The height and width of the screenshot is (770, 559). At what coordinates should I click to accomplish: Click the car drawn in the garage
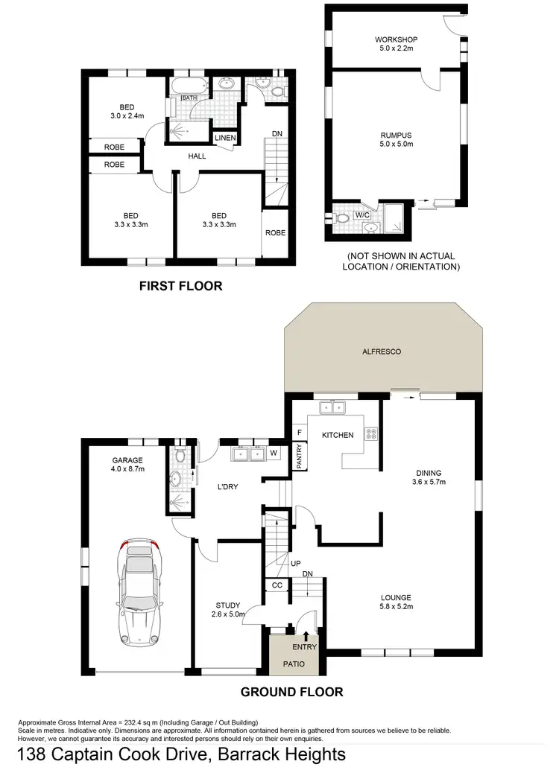(139, 593)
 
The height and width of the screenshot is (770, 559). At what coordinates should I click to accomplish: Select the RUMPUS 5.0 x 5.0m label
(396, 140)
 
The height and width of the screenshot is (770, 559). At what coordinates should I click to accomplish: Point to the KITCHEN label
(337, 435)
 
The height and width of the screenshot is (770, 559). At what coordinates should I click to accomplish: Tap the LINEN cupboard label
(224, 139)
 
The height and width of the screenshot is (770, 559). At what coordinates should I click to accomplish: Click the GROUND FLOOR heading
(291, 692)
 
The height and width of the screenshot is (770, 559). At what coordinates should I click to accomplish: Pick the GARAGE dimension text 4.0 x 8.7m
(127, 470)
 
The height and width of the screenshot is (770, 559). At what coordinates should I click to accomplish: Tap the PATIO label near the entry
(291, 662)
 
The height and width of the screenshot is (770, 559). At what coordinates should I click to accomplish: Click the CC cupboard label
(277, 585)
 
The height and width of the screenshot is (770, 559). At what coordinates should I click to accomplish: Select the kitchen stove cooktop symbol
(370, 433)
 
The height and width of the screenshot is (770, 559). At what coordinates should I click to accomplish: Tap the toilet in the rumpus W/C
(343, 220)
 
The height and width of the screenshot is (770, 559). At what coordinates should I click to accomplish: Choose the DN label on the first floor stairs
(277, 134)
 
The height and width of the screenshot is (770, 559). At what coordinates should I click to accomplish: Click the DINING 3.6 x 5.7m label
(429, 477)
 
